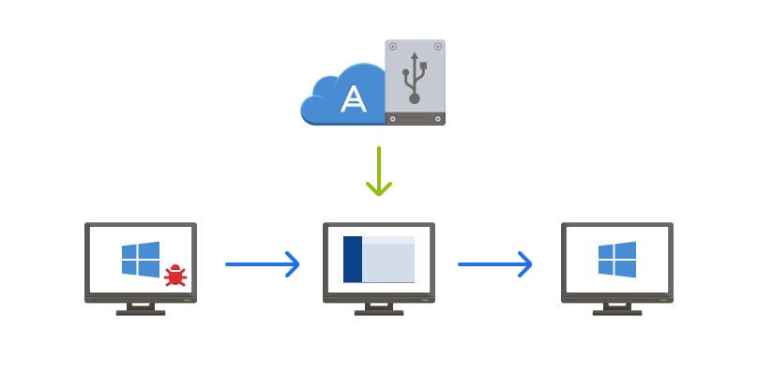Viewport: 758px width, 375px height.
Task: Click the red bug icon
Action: [x=175, y=275]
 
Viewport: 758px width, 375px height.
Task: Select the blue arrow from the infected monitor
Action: [x=263, y=264]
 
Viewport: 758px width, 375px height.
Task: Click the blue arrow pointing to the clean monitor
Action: [x=495, y=264]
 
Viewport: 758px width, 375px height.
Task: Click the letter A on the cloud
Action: [x=354, y=98]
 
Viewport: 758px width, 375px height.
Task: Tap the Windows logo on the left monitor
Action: [x=141, y=260]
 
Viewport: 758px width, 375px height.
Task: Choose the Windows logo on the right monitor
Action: [x=617, y=260]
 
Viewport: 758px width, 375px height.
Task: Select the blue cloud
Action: [x=338, y=94]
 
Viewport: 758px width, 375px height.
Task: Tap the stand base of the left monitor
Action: [x=141, y=312]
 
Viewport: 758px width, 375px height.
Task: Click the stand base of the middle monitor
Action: [x=379, y=312]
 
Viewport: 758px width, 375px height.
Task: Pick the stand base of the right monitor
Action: [x=617, y=312]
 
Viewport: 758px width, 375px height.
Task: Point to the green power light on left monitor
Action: [x=187, y=300]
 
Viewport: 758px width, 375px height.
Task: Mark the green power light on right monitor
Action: [x=663, y=300]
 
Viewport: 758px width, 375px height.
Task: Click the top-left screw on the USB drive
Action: [x=393, y=46]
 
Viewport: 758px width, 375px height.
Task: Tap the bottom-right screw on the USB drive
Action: [x=438, y=119]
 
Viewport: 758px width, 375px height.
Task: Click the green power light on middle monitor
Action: [x=425, y=300]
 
